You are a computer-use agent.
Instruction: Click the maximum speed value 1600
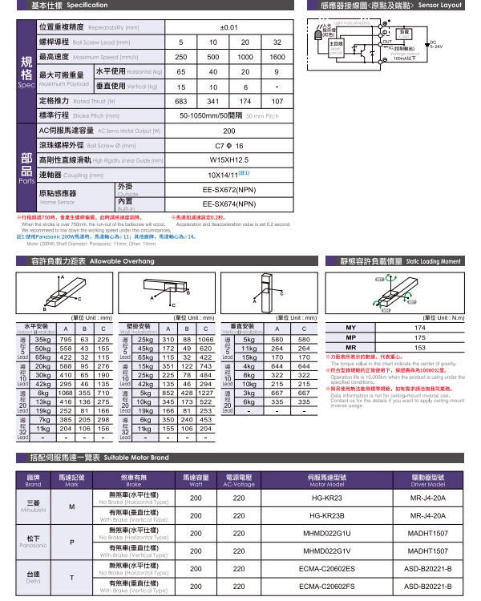coord(277,57)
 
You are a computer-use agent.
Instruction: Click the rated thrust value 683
coord(181,101)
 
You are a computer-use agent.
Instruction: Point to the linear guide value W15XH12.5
coord(229,159)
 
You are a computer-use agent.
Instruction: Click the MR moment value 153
coord(420,348)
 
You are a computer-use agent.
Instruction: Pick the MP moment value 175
coord(420,338)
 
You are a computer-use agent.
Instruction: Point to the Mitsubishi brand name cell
coord(33,506)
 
